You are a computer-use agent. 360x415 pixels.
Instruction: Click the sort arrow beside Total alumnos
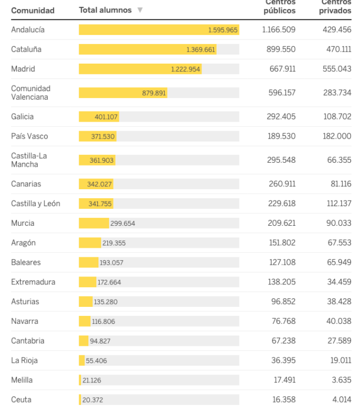point(140,10)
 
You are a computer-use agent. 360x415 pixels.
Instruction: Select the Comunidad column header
point(33,10)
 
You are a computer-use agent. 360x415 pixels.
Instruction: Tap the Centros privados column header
point(336,7)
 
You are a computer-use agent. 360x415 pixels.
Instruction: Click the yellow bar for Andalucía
point(159,30)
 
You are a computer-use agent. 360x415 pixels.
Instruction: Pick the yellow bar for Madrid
point(140,69)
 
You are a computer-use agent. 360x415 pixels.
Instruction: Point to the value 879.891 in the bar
point(154,93)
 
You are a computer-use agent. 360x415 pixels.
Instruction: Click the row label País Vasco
point(29,136)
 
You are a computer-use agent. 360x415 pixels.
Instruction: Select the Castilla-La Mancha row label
point(25,160)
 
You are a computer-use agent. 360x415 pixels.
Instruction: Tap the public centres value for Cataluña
point(281,50)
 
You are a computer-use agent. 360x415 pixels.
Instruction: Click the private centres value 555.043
point(337,69)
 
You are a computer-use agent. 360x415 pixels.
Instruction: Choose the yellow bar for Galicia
point(98,117)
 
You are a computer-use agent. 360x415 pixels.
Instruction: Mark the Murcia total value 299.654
point(123,224)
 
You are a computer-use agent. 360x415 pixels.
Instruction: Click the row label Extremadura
point(33,282)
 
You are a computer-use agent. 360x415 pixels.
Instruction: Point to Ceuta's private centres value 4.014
point(340,400)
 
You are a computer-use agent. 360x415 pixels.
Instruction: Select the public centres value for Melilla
point(285,380)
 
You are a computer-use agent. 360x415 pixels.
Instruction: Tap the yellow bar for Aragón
point(89,243)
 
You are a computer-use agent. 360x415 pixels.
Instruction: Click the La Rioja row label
point(24,360)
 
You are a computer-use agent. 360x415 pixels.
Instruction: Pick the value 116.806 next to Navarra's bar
point(105,322)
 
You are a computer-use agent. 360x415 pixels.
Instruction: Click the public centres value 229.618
point(281,204)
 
